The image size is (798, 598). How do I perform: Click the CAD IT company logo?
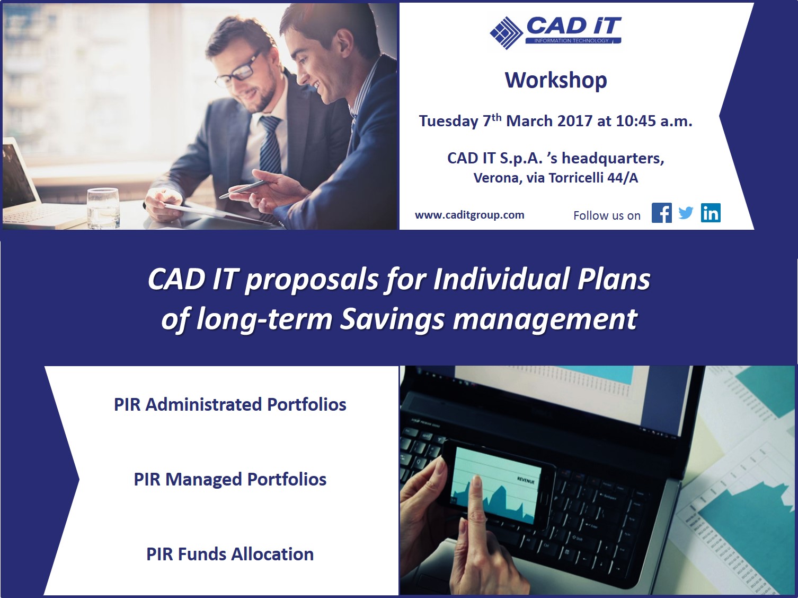[555, 32]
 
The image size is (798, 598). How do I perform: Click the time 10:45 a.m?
[654, 121]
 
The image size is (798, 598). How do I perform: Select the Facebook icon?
[662, 213]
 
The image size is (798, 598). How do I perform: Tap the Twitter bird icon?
[686, 213]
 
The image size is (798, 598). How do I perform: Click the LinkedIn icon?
[711, 213]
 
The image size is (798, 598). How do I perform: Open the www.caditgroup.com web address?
[469, 215]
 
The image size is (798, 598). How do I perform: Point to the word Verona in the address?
[496, 178]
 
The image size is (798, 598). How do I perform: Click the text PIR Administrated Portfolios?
[230, 404]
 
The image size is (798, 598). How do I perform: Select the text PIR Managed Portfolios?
[230, 479]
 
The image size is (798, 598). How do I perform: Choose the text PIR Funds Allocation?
[230, 554]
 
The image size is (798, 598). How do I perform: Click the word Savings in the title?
[392, 319]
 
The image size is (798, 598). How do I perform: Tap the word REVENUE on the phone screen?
[526, 480]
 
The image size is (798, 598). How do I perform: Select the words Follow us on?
[607, 215]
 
